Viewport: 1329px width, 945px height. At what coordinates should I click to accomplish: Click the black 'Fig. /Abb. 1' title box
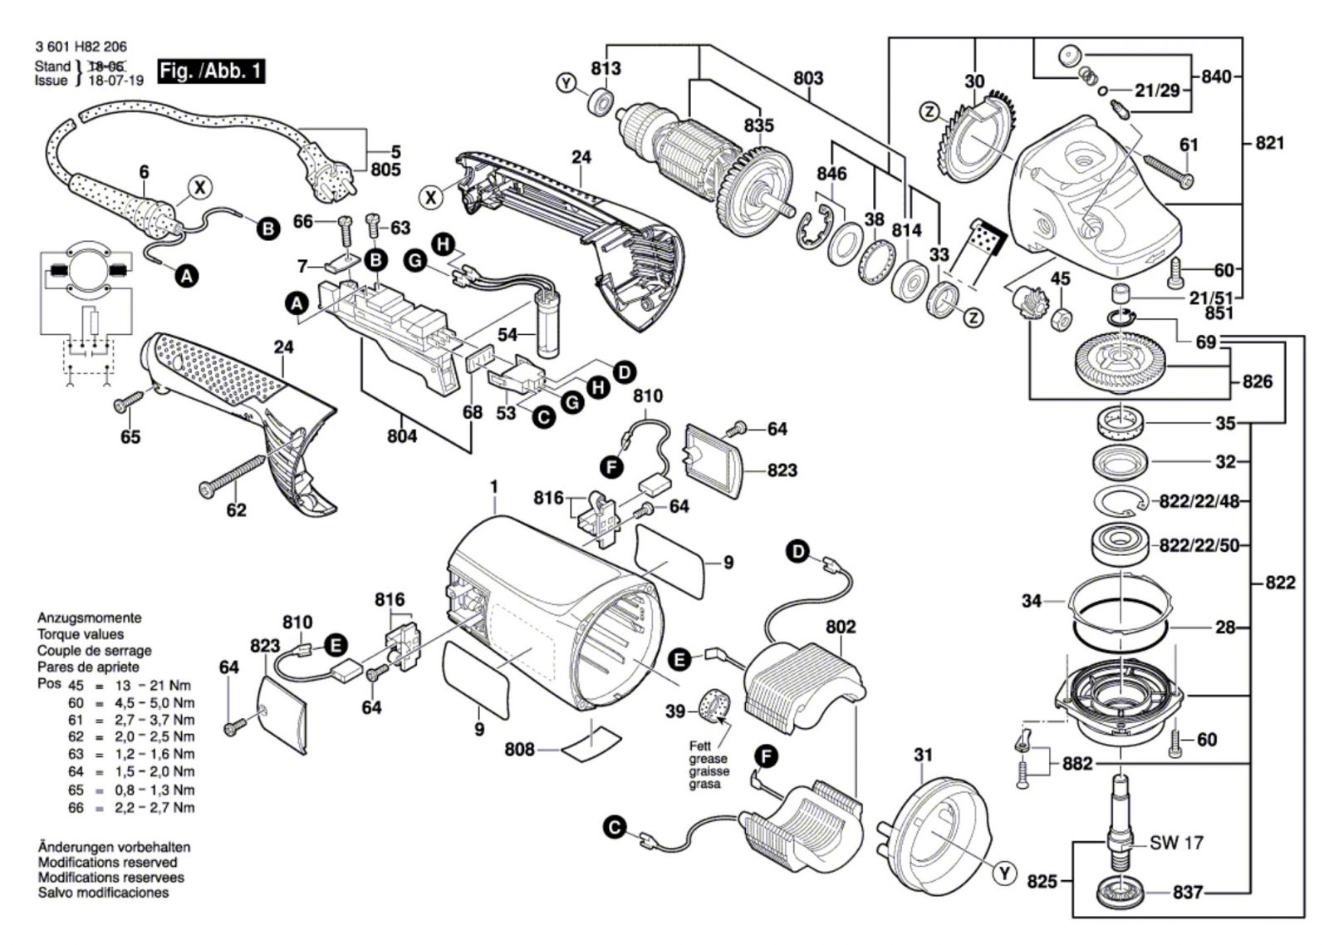[x=211, y=71]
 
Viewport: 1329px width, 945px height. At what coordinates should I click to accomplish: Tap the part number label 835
[x=759, y=126]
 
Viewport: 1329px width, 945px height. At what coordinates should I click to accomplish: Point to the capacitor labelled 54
[x=548, y=325]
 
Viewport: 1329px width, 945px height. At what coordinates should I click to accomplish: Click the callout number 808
[x=519, y=750]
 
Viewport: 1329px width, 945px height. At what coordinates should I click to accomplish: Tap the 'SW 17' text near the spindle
[x=1176, y=843]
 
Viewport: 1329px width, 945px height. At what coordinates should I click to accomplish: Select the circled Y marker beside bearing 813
[x=566, y=84]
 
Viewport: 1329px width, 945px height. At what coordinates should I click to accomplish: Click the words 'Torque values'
[x=81, y=634]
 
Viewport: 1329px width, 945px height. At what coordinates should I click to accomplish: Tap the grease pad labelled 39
[x=714, y=707]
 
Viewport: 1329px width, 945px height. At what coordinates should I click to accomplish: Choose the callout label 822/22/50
[x=1199, y=545]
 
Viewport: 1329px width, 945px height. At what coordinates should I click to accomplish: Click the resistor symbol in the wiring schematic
[x=92, y=323]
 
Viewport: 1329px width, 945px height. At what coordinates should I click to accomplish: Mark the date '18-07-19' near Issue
[x=115, y=80]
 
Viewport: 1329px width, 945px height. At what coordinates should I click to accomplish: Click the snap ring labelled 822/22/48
[x=1121, y=502]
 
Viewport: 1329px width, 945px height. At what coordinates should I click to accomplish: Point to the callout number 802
[x=841, y=627]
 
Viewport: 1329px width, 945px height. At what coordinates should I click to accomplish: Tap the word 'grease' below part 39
[x=708, y=759]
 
